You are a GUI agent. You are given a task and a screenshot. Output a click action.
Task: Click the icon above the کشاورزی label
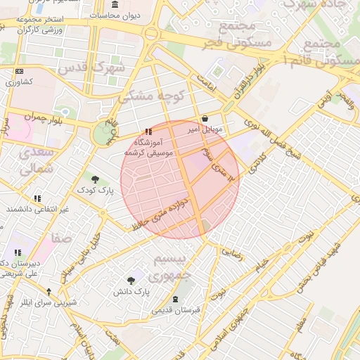tap(18, 72)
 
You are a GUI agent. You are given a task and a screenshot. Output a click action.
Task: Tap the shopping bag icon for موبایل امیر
tap(205, 119)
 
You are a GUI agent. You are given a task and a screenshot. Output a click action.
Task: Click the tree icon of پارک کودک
tap(95, 179)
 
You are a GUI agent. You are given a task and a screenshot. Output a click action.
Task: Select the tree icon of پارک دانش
tap(131, 279)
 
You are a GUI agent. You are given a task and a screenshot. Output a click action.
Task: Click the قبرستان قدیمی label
tap(175, 309)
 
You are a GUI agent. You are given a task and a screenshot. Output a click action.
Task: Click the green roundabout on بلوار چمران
tap(103, 134)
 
